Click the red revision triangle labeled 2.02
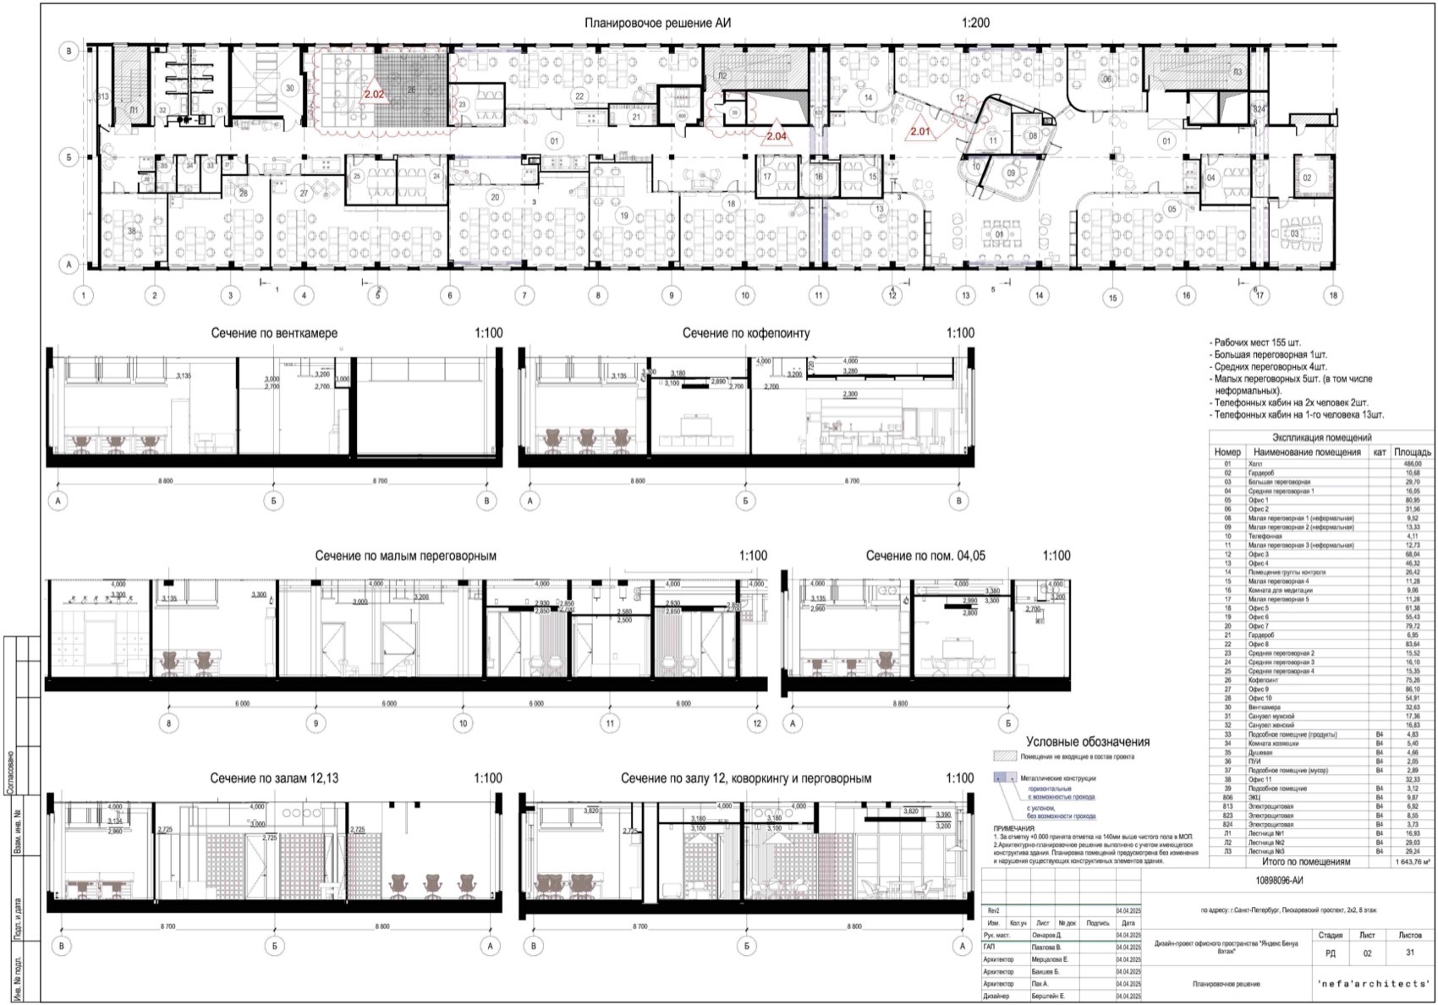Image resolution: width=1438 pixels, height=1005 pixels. pyautogui.click(x=374, y=93)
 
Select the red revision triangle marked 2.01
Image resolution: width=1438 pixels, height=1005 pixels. pyautogui.click(x=919, y=130)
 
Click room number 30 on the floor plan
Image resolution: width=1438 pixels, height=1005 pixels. pyautogui.click(x=289, y=88)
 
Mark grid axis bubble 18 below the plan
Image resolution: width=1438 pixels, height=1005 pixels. pyautogui.click(x=1334, y=295)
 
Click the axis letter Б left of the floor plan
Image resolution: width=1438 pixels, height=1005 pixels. pyautogui.click(x=69, y=157)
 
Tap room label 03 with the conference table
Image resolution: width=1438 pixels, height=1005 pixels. pyautogui.click(x=1294, y=233)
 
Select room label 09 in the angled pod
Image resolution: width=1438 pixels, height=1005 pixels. pyautogui.click(x=1010, y=173)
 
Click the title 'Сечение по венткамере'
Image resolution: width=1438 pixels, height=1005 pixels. pyautogui.click(x=273, y=333)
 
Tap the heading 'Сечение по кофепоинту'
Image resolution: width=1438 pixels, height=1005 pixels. pyautogui.click(x=745, y=333)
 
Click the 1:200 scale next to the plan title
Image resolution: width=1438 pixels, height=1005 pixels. pyautogui.click(x=975, y=24)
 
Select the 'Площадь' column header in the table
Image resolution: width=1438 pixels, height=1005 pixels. pyautogui.click(x=1413, y=452)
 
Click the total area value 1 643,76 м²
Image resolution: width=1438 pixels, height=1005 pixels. pyautogui.click(x=1412, y=862)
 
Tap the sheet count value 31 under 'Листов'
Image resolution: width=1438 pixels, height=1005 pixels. pyautogui.click(x=1410, y=953)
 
